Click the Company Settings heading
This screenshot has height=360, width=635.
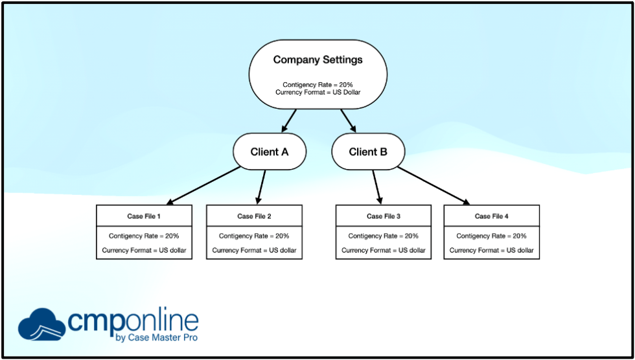(x=317, y=60)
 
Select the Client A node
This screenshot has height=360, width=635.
(x=269, y=152)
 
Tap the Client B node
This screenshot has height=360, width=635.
(x=368, y=152)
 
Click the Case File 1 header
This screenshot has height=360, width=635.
(x=144, y=216)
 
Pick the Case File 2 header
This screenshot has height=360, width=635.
(x=254, y=216)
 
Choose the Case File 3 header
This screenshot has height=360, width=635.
(x=384, y=216)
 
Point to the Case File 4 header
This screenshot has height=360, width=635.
(x=492, y=216)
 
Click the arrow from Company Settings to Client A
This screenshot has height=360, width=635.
(x=288, y=120)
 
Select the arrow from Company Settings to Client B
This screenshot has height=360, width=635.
(x=348, y=120)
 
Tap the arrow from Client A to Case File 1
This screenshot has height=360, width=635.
(x=203, y=185)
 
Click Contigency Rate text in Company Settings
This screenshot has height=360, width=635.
(x=317, y=85)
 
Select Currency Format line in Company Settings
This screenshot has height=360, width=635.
(x=317, y=93)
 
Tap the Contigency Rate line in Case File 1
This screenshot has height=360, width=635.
(x=144, y=236)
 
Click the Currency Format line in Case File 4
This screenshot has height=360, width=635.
(x=492, y=250)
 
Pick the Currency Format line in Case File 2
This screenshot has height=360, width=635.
(x=254, y=250)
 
